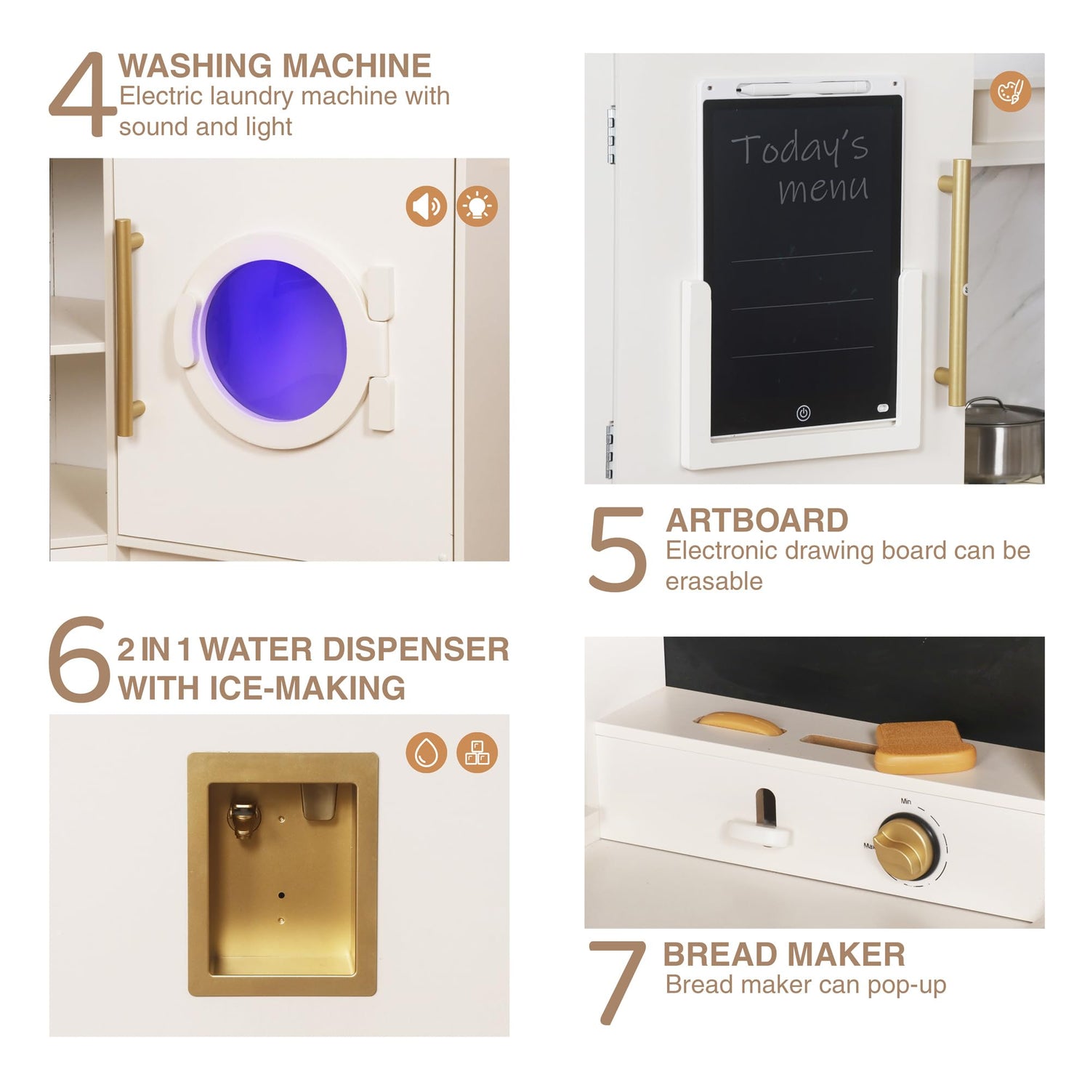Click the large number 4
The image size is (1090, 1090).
pyautogui.click(x=82, y=94)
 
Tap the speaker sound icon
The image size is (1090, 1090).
pyautogui.click(x=427, y=206)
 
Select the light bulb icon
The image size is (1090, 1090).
pyautogui.click(x=477, y=206)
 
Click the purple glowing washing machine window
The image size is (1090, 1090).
pyautogui.click(x=275, y=341)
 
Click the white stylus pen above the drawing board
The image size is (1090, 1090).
pyautogui.click(x=803, y=87)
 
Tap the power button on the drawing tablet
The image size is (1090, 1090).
pyautogui.click(x=803, y=413)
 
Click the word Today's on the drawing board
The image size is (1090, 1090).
pyautogui.click(x=799, y=148)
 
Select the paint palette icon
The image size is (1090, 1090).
pyautogui.click(x=1010, y=92)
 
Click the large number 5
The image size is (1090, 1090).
pyautogui.click(x=617, y=549)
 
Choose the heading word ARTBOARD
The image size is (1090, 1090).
pyautogui.click(x=756, y=520)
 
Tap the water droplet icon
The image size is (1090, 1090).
pyautogui.click(x=427, y=752)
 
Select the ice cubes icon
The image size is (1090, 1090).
pyautogui.click(x=477, y=752)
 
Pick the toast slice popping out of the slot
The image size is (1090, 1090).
pyautogui.click(x=924, y=747)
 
